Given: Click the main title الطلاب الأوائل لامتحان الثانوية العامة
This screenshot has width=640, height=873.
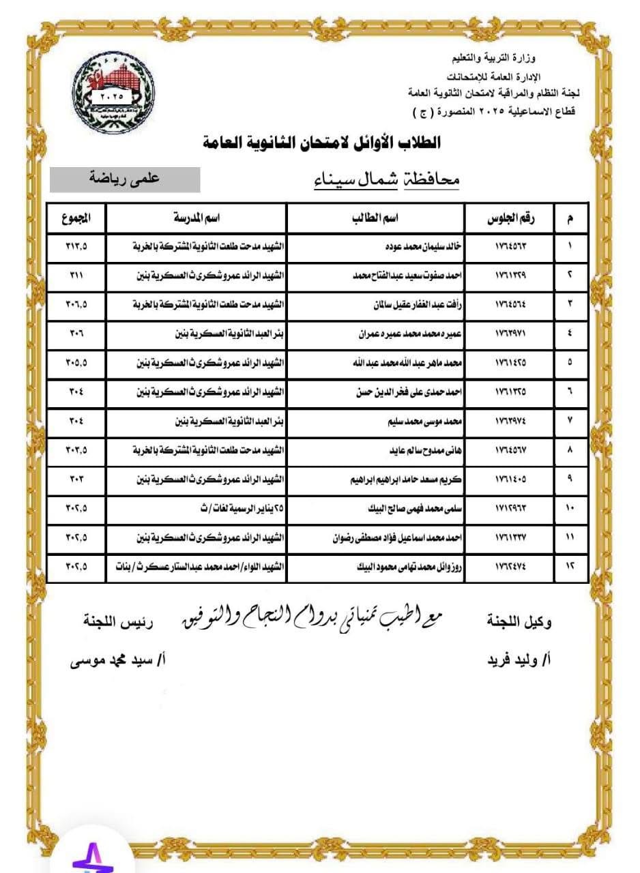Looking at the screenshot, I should pos(322,143).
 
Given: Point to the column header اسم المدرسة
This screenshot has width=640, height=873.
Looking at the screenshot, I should pos(197,218).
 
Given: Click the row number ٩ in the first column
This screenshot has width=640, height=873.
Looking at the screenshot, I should pos(570,479).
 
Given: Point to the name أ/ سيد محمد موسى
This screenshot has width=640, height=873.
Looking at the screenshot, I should pos(121,661).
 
